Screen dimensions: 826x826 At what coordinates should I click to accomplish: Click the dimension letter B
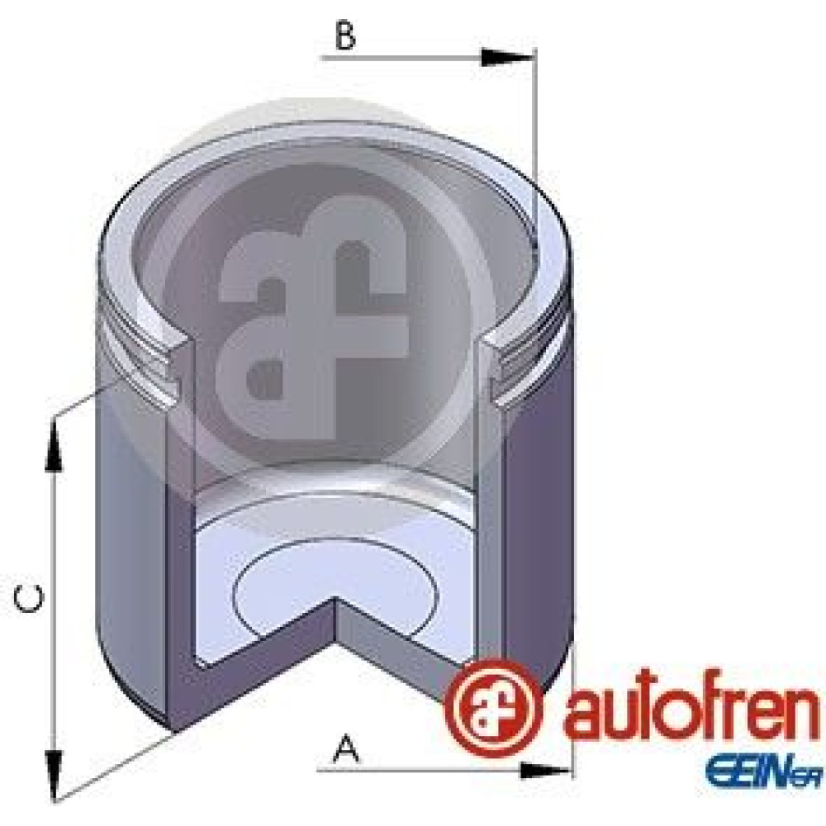coord(345,36)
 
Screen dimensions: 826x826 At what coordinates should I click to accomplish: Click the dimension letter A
coord(346,750)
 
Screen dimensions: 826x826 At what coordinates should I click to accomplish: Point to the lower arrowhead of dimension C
coord(53,776)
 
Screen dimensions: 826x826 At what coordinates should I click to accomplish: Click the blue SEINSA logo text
coord(764,772)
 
